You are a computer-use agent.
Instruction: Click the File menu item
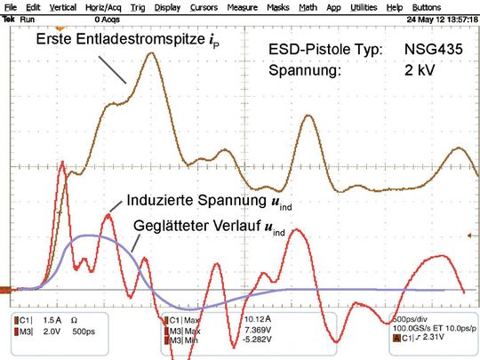click(11, 6)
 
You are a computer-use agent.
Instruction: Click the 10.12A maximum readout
click(258, 318)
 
